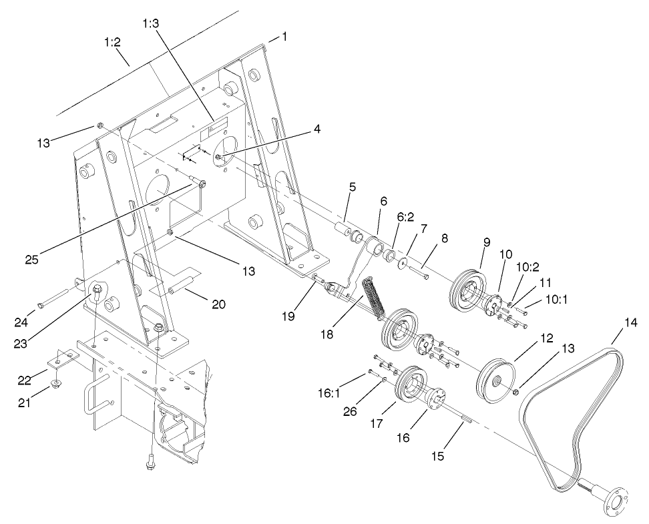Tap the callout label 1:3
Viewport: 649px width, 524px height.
(151, 24)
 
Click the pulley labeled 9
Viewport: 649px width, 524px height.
(465, 286)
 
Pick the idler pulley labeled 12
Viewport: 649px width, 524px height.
(494, 382)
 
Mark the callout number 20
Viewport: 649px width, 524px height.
(218, 304)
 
